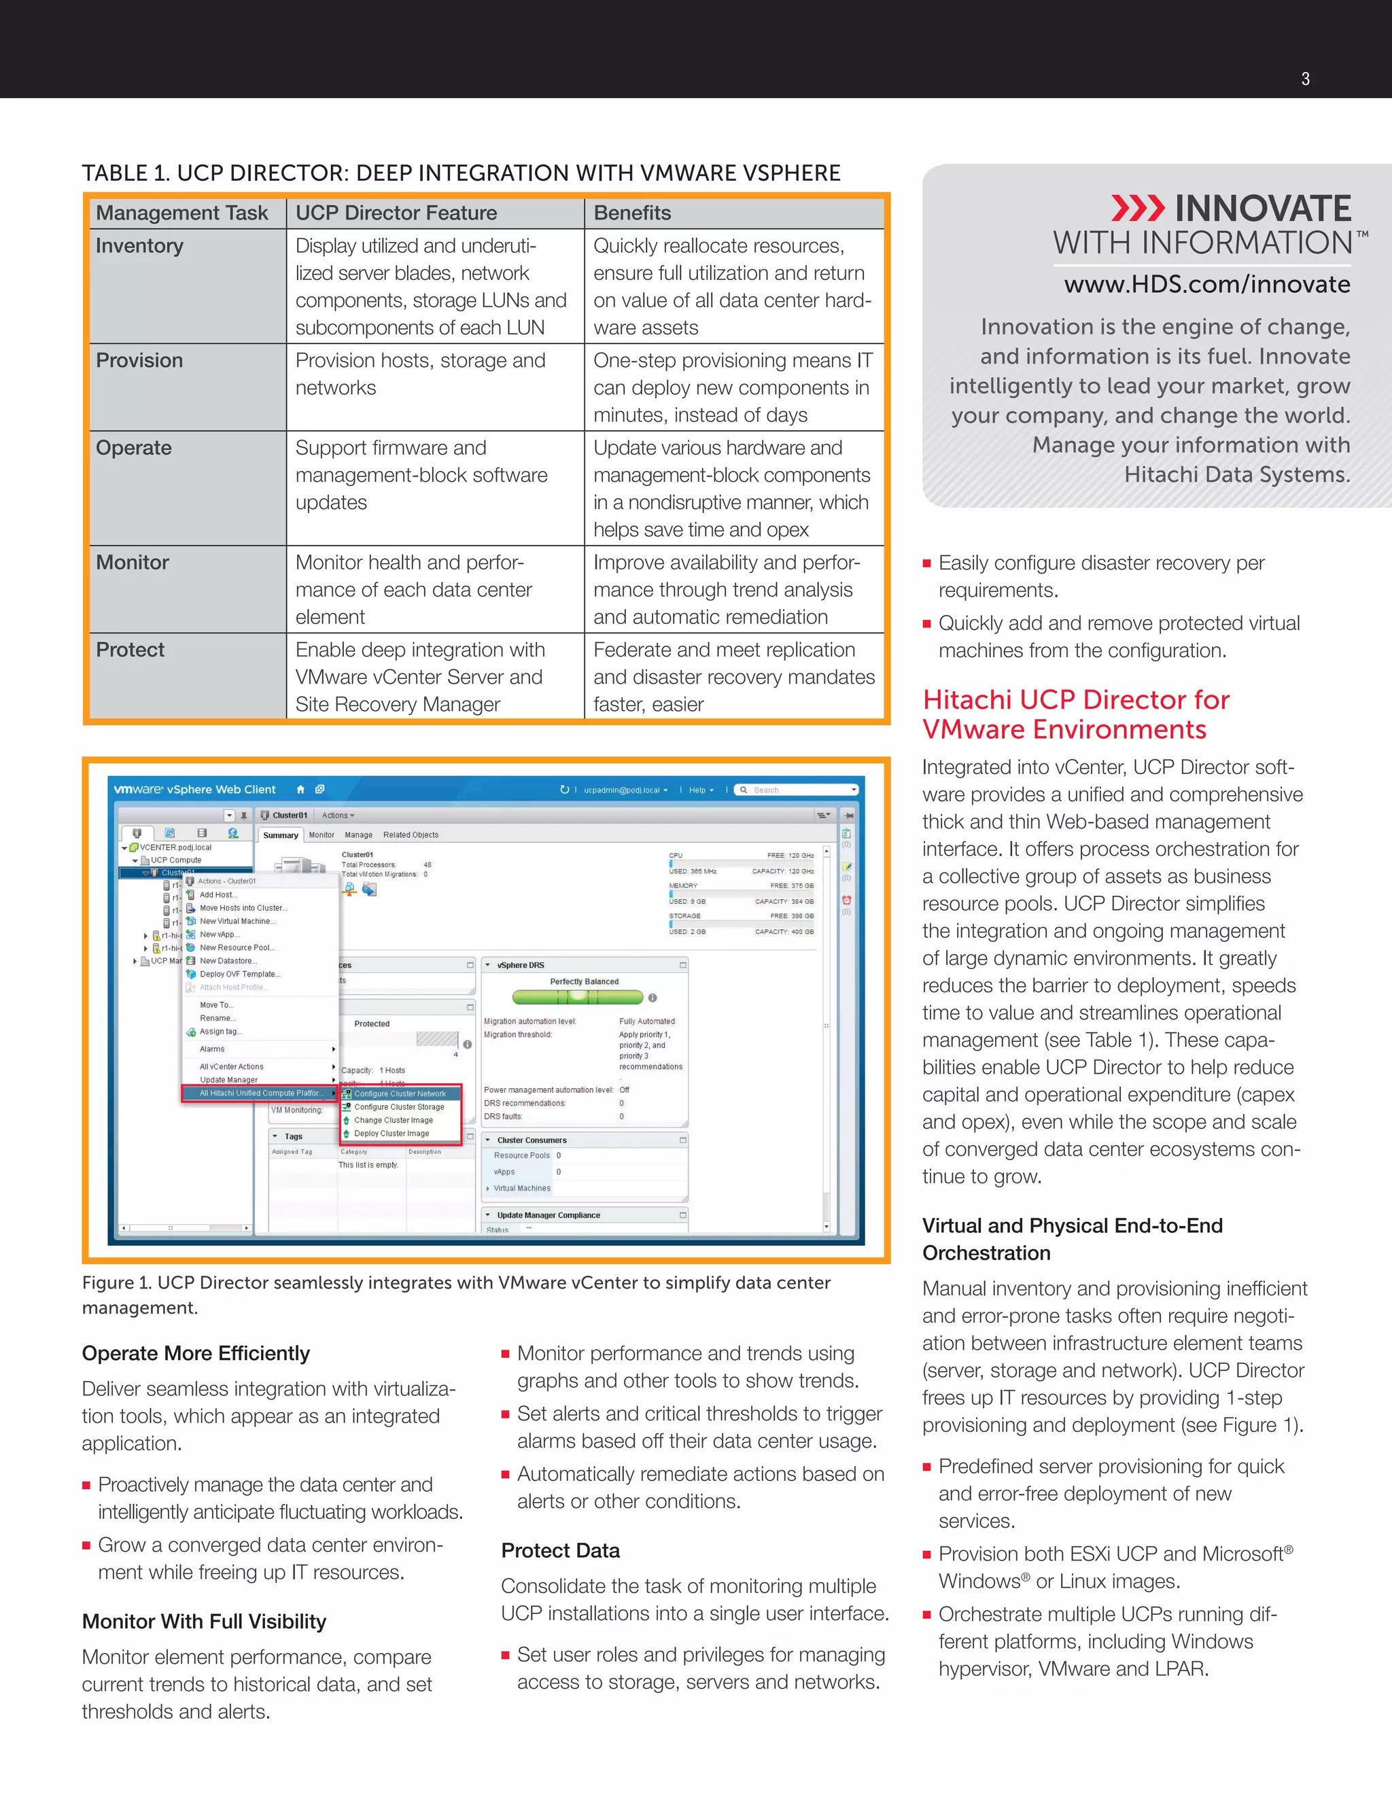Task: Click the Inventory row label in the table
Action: coord(139,246)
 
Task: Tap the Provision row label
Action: coord(139,360)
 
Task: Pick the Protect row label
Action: coord(130,650)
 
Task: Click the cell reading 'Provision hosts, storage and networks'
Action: coord(420,374)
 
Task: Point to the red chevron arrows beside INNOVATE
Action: coord(1137,209)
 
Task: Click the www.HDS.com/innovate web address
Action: coord(1206,285)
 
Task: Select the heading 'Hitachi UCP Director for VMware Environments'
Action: coord(1075,714)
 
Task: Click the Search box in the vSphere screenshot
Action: coord(797,790)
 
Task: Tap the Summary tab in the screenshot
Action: coord(281,835)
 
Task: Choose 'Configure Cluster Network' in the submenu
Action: coord(400,1094)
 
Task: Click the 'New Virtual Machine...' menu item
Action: coord(237,921)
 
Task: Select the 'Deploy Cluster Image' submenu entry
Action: coord(391,1133)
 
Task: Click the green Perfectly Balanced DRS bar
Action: coord(577,997)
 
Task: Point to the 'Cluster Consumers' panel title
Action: coord(532,1140)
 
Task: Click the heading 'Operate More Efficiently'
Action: coord(196,1353)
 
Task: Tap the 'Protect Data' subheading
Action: coord(561,1550)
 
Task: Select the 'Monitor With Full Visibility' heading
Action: coord(204,1621)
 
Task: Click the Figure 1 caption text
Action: coord(456,1295)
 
